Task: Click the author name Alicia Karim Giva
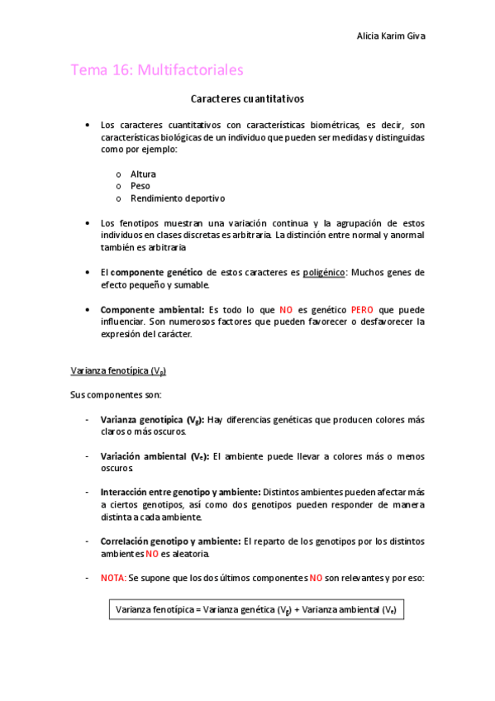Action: (x=391, y=36)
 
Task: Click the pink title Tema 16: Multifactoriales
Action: (x=157, y=70)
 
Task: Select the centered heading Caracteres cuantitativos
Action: (x=247, y=99)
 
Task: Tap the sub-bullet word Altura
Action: (x=143, y=174)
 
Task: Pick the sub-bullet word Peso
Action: (x=140, y=186)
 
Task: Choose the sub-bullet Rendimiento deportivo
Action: (x=178, y=198)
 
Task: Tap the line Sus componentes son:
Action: (x=116, y=394)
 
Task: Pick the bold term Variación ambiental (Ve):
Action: (x=155, y=455)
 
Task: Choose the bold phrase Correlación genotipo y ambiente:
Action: (x=170, y=541)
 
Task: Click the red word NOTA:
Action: (x=113, y=578)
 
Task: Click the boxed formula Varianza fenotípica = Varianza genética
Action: (x=255, y=609)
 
